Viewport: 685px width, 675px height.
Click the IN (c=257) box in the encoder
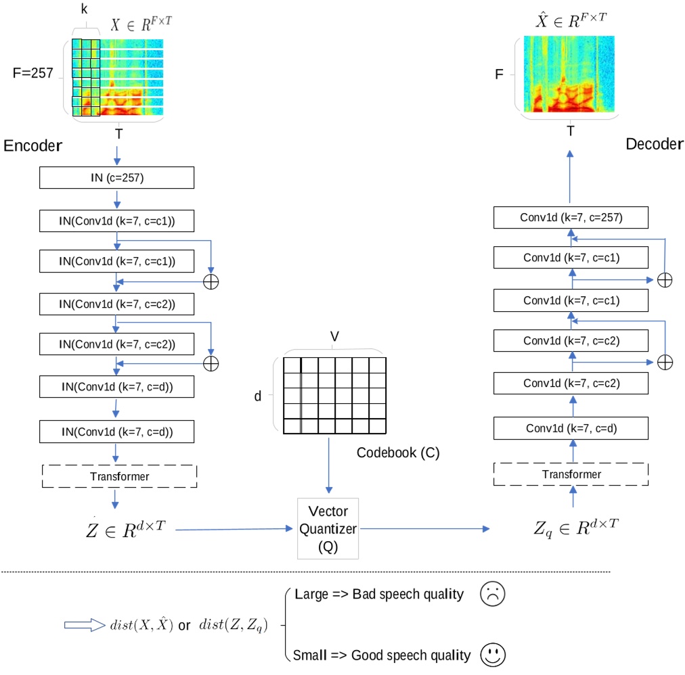coord(117,177)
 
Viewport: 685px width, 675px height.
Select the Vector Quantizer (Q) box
coord(328,529)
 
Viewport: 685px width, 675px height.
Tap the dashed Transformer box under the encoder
coord(118,476)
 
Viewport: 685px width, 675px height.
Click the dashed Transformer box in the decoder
coord(571,474)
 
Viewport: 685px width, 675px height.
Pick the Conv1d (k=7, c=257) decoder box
coord(571,217)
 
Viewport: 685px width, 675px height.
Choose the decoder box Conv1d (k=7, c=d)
coord(571,427)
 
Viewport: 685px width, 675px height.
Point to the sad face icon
coord(491,595)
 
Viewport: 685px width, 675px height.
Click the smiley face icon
coord(493,654)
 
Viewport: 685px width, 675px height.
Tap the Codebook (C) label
coord(398,452)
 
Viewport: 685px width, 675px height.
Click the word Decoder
coord(655,144)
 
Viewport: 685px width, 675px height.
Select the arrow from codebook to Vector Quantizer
coord(328,467)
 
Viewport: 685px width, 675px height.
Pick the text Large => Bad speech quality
coord(379,595)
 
